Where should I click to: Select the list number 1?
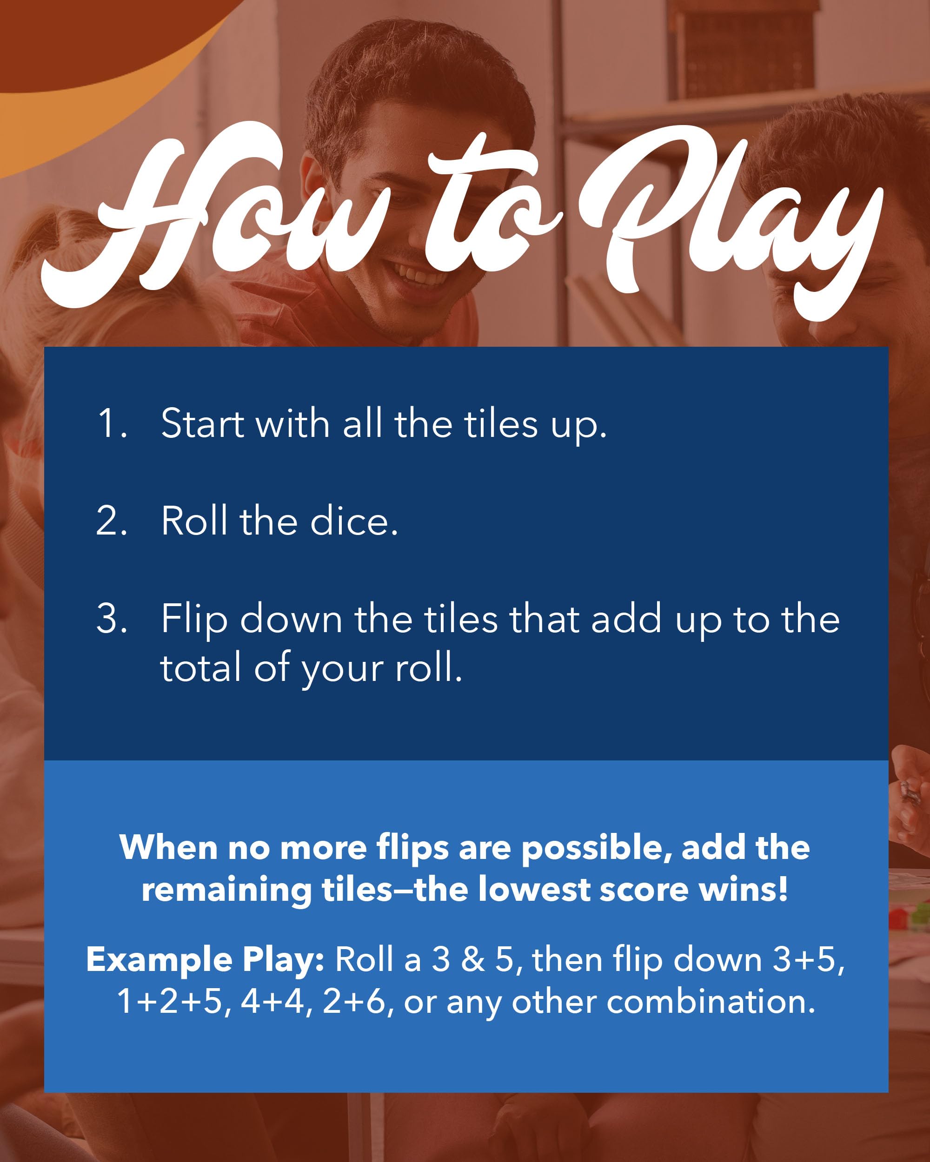pyautogui.click(x=112, y=423)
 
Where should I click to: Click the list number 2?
pyautogui.click(x=112, y=521)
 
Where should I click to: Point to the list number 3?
pyautogui.click(x=112, y=618)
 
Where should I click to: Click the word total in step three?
pyautogui.click(x=200, y=667)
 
